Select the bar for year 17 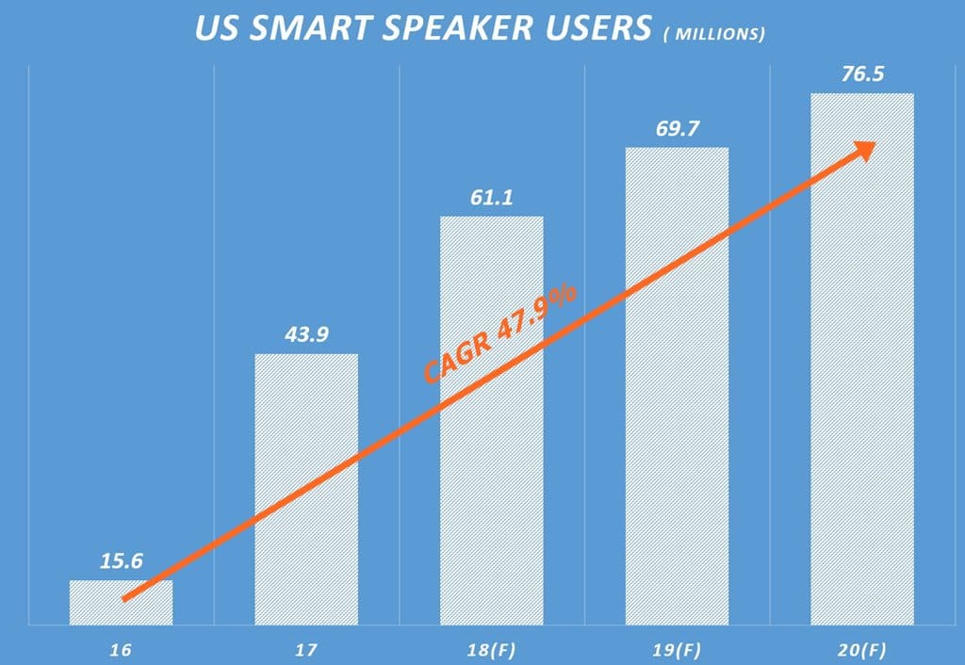(x=306, y=489)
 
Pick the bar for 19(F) (x=678, y=385)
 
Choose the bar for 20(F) (x=862, y=358)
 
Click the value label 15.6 (x=122, y=561)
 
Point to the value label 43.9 (x=306, y=335)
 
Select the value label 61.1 (x=492, y=198)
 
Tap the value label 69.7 (x=678, y=129)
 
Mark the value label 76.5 (x=862, y=74)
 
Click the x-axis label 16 (x=121, y=650)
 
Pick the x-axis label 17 (x=306, y=650)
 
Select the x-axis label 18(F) (x=492, y=650)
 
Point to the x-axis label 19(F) (x=678, y=650)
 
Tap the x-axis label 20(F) (x=862, y=650)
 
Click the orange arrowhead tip (x=871, y=145)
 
